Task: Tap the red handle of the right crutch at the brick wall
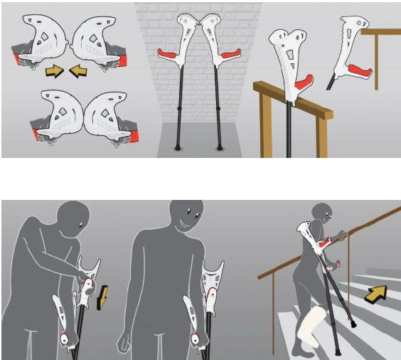[229, 54]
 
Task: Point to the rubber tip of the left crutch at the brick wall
[178, 148]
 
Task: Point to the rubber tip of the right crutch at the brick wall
[220, 148]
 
